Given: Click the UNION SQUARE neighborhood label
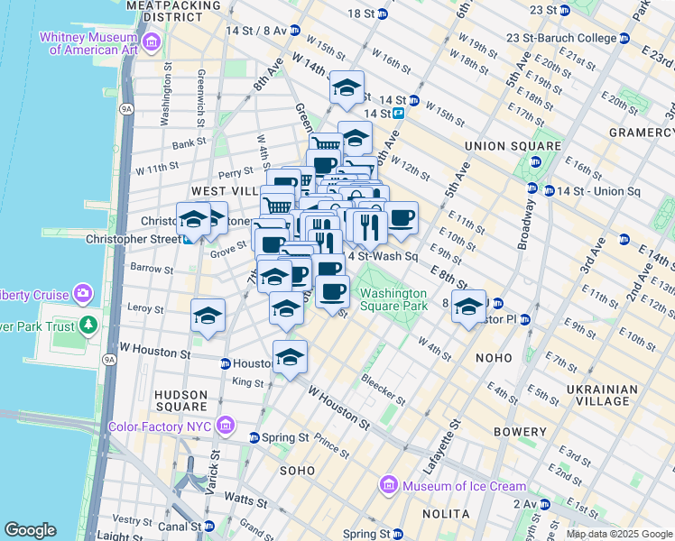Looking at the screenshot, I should [512, 146].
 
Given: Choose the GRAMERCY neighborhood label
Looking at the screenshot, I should [639, 132].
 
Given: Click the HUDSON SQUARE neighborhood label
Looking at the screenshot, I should [181, 401].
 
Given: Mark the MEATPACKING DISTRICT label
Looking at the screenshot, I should [174, 11].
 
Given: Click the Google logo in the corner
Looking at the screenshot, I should [30, 530].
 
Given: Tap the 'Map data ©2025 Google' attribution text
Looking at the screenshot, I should [619, 534].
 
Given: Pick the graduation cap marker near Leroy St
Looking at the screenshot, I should [208, 316].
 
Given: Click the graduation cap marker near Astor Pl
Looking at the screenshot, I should [468, 307].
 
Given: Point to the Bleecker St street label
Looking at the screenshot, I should [383, 390].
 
